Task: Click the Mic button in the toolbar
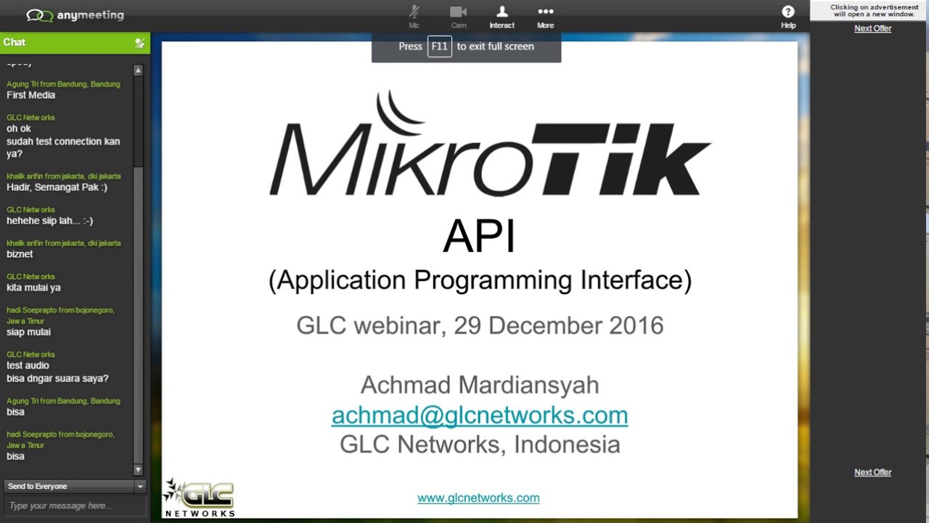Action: click(414, 16)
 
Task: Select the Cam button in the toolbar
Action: click(459, 16)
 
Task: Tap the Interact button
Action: click(502, 16)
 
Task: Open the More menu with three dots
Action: click(545, 16)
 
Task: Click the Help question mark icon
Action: click(788, 16)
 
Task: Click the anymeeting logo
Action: click(75, 15)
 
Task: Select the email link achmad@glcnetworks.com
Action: click(480, 415)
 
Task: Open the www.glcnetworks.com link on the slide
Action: click(478, 498)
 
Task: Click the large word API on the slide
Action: click(480, 236)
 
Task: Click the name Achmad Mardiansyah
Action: click(480, 384)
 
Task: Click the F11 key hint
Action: click(440, 46)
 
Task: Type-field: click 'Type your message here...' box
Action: click(75, 506)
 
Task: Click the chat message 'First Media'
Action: click(31, 95)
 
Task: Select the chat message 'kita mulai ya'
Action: click(33, 288)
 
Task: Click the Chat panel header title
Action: click(15, 42)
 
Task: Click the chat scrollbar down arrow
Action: click(139, 469)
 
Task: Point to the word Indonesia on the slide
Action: click(567, 444)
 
